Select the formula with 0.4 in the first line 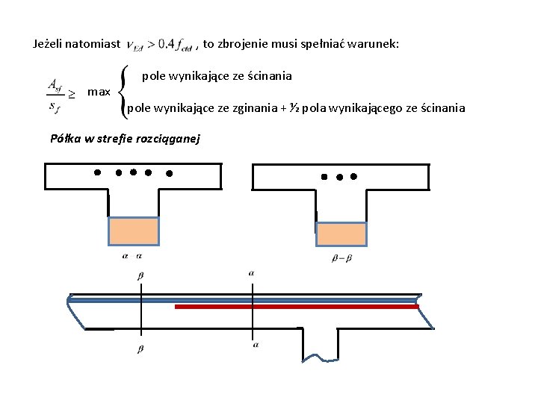click(x=160, y=45)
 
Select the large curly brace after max click(x=125, y=92)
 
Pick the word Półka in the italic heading click(x=64, y=138)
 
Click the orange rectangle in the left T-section click(x=134, y=231)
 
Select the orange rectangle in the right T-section click(x=341, y=234)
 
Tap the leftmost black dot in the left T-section click(x=97, y=172)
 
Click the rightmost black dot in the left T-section click(x=169, y=174)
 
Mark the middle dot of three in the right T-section click(x=339, y=178)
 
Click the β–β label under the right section click(x=341, y=258)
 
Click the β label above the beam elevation click(x=140, y=275)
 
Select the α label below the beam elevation click(x=256, y=345)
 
